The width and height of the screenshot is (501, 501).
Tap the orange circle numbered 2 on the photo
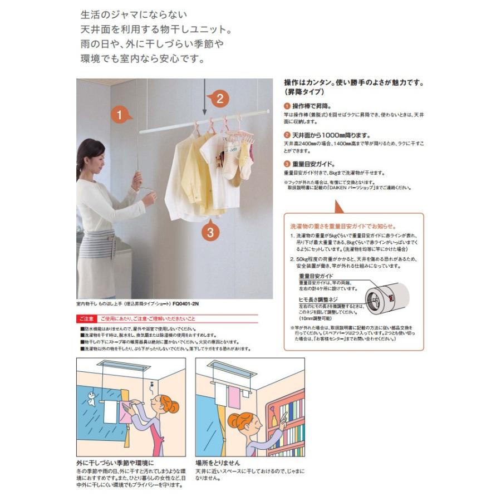point(219,99)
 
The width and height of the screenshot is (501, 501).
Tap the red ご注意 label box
point(86,320)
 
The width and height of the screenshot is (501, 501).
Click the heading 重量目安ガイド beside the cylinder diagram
point(316,276)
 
